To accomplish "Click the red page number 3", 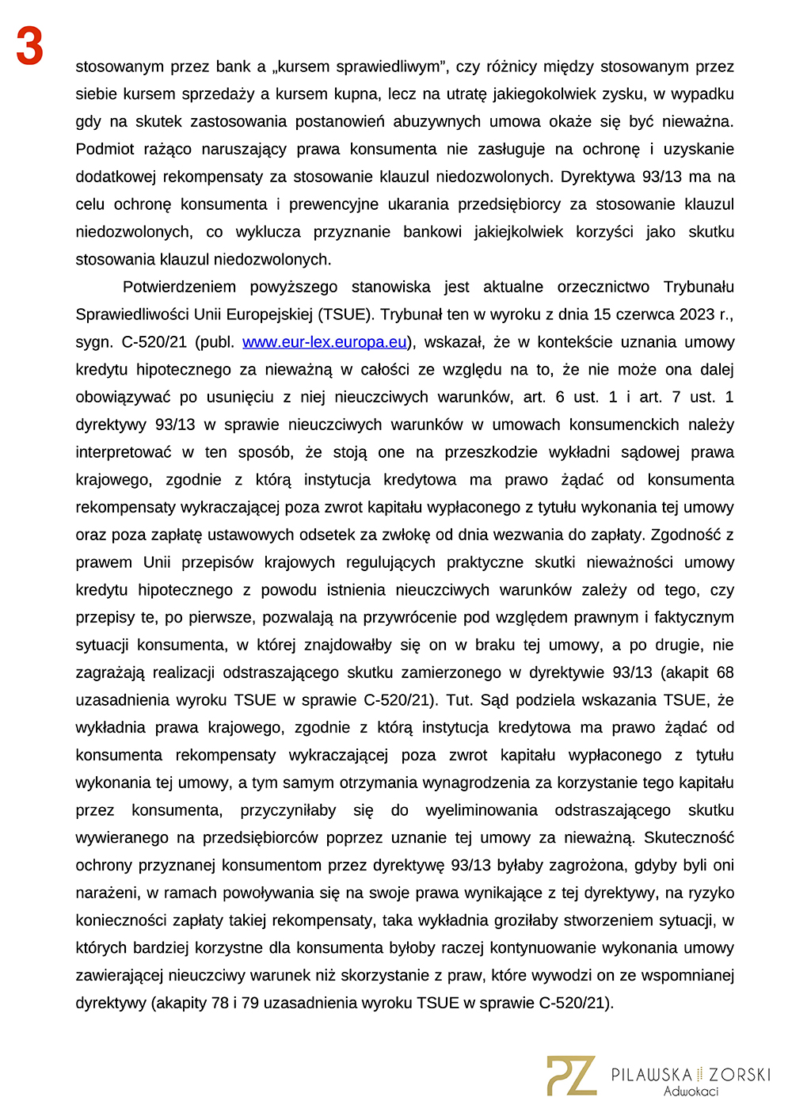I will click(29, 47).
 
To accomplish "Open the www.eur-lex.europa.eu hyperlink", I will click(324, 342).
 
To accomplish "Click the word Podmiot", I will click(105, 149).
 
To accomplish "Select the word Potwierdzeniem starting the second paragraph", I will click(179, 287).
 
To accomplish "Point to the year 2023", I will click(697, 314).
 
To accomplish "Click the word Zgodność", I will click(686, 535).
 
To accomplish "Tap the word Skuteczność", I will click(689, 837).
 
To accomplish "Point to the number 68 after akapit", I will click(725, 672).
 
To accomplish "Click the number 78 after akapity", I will click(220, 1003).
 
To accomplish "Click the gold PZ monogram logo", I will click(571, 1076).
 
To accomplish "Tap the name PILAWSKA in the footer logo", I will click(651, 1075).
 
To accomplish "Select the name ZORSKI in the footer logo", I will click(739, 1075).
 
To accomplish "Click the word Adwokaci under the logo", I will click(691, 1091).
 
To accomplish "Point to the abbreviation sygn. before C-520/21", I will click(93, 342).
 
